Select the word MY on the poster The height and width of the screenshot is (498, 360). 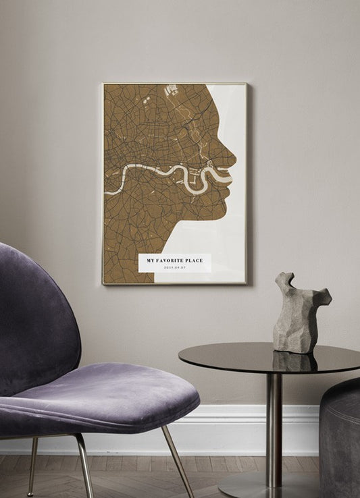[151, 260]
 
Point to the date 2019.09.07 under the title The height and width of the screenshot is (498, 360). [174, 268]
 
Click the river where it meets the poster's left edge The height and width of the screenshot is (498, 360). [107, 192]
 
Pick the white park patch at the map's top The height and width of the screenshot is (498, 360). [171, 89]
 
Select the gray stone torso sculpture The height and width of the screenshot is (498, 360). [299, 312]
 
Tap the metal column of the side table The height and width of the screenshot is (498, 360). [273, 425]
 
